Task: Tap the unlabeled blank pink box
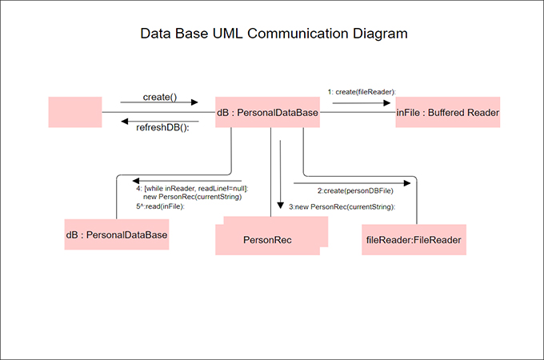click(x=75, y=112)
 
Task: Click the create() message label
click(x=159, y=97)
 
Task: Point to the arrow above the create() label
click(x=159, y=103)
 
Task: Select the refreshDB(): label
click(x=162, y=128)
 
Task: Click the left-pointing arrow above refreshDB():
click(x=159, y=122)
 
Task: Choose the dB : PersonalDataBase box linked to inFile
click(x=268, y=113)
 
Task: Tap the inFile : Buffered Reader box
click(x=448, y=113)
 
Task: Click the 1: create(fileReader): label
click(x=362, y=92)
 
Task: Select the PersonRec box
click(x=267, y=239)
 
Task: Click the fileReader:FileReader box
click(x=414, y=239)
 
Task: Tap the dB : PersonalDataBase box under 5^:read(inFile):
click(x=117, y=234)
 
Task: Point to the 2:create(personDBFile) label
click(x=355, y=191)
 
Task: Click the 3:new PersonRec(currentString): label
click(x=342, y=206)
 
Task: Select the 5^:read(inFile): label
click(x=160, y=206)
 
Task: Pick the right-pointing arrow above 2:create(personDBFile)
click(x=352, y=182)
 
